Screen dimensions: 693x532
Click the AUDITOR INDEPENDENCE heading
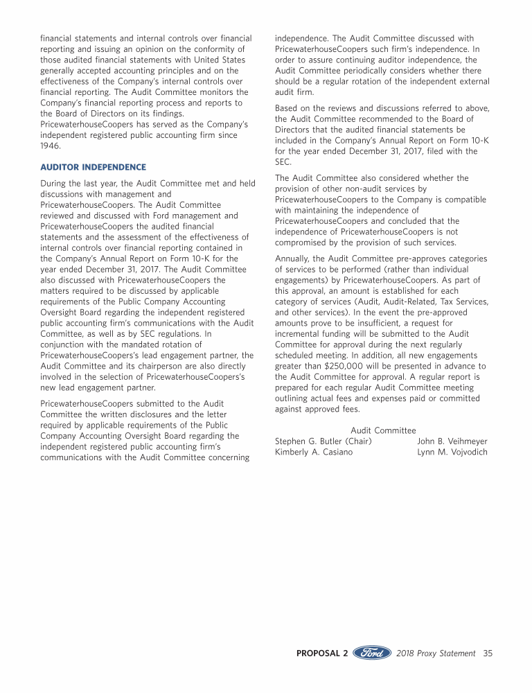tap(93, 167)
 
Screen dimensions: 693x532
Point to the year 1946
tap(51, 146)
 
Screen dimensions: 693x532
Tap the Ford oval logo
tap(372, 653)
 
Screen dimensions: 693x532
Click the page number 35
tap(488, 653)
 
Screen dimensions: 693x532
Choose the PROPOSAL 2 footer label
tap(322, 653)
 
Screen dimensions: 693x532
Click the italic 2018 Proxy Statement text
tap(436, 653)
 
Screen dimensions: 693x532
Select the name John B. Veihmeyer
tap(452, 441)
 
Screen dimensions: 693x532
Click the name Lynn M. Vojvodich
tap(452, 452)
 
